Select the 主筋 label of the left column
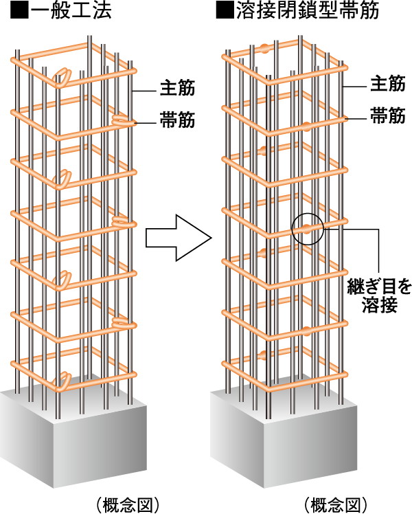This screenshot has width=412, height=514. (x=178, y=88)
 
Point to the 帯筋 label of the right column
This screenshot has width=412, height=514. (x=386, y=116)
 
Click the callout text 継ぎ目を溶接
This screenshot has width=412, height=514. (x=378, y=294)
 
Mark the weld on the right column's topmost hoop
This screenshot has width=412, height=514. (x=264, y=49)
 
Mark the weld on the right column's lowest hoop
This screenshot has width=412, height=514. (x=264, y=355)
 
